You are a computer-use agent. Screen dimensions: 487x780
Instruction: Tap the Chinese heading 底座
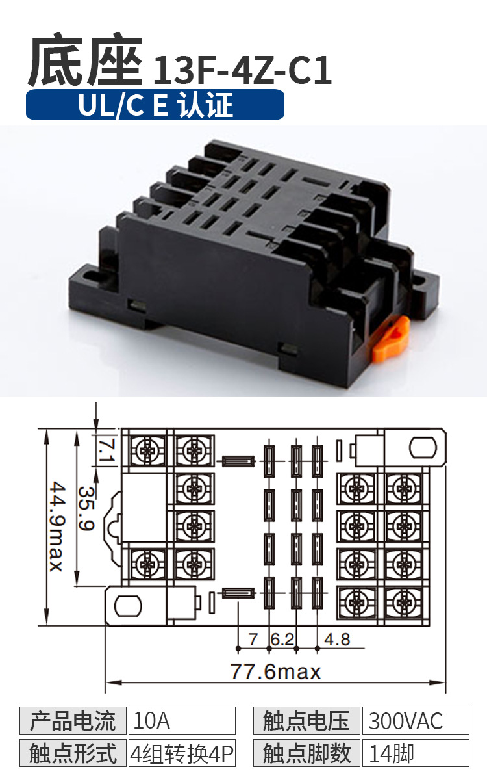[x=85, y=59]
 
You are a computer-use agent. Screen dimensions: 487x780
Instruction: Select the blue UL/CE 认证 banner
[x=155, y=105]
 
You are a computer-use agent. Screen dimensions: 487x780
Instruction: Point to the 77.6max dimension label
[x=275, y=671]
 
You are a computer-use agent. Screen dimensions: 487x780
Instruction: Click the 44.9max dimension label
[x=56, y=526]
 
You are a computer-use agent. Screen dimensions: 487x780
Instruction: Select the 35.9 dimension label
[x=86, y=508]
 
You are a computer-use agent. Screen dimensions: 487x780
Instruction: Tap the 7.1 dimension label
[x=106, y=450]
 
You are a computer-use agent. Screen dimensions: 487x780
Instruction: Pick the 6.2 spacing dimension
[x=282, y=640]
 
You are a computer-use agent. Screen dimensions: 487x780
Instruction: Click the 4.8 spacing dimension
[x=337, y=640]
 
